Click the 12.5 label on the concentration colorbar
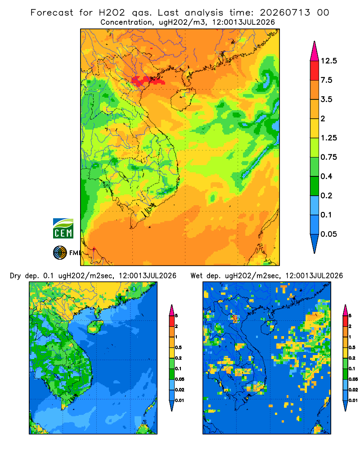pyautogui.click(x=328, y=61)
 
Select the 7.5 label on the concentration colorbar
pyautogui.click(x=326, y=80)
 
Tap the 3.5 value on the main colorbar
pyautogui.click(x=326, y=99)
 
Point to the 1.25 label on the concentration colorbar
pyautogui.click(x=328, y=138)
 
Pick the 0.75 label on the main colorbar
pyautogui.click(x=328, y=157)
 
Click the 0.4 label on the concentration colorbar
pyautogui.click(x=326, y=176)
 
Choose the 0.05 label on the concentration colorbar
pyautogui.click(x=328, y=234)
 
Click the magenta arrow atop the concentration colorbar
pyautogui.click(x=315, y=52)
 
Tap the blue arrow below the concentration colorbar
pyautogui.click(x=315, y=243)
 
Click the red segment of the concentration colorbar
pyautogui.click(x=315, y=71)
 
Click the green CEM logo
pyautogui.click(x=63, y=229)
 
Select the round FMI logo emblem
pyautogui.click(x=60, y=253)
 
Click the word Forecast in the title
pyautogui.click(x=52, y=13)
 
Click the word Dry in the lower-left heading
pyautogui.click(x=15, y=276)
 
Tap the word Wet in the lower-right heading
pyautogui.click(x=196, y=276)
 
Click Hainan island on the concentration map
pyautogui.click(x=183, y=99)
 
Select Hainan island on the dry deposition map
pyautogui.click(x=95, y=327)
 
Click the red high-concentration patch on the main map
pyautogui.click(x=147, y=81)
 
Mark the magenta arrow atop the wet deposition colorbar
pyautogui.click(x=345, y=310)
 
